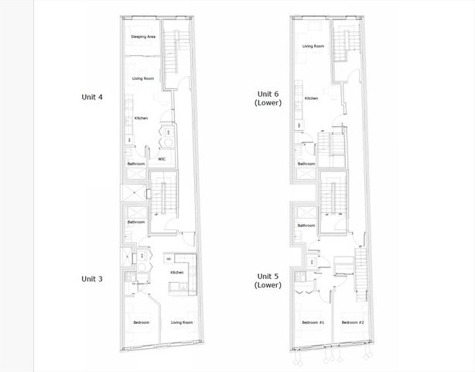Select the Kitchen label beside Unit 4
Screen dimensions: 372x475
tap(141, 118)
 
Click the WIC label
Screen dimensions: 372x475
tap(162, 160)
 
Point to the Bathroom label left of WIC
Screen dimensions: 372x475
tap(136, 164)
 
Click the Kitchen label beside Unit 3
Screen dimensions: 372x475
tap(176, 273)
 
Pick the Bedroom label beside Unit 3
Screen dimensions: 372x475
tap(141, 322)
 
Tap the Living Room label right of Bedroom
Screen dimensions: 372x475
tap(182, 322)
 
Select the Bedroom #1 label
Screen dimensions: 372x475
tap(311, 322)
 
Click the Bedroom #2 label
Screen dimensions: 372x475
tap(352, 322)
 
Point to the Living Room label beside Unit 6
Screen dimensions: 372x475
tap(313, 46)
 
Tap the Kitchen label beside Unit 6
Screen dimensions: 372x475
tap(311, 98)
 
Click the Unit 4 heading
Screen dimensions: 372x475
tap(93, 97)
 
